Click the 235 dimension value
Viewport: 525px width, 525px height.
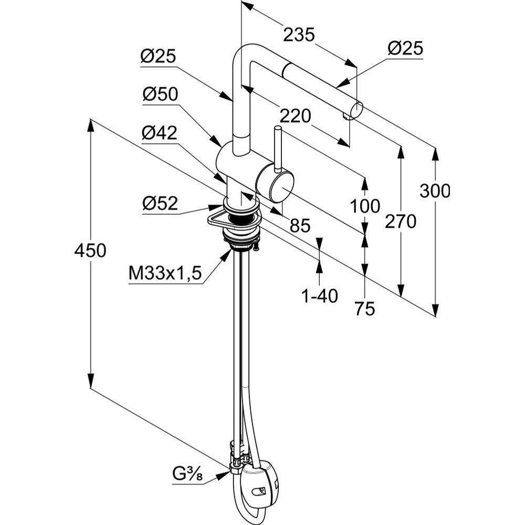299,35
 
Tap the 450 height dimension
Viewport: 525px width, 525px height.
90,250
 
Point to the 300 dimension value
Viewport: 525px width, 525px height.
435,191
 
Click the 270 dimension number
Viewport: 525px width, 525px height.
401,222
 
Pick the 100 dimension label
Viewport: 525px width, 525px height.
365,206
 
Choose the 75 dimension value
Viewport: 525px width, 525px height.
365,309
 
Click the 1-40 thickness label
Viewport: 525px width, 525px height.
319,297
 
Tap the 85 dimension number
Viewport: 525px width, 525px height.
300,226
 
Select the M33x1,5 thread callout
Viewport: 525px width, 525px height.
165,274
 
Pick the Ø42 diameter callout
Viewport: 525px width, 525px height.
160,133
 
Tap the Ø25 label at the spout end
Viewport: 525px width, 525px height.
405,49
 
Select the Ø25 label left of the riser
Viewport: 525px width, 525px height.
157,56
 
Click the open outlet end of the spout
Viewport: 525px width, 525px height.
356,110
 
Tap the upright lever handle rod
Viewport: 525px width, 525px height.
277,146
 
